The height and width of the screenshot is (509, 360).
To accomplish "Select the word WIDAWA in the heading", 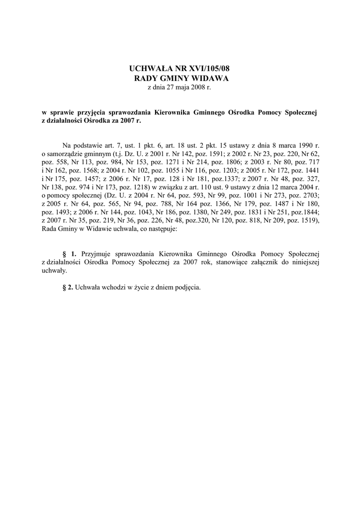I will click(x=208, y=78).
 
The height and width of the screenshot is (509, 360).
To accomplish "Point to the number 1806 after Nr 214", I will click(x=229, y=162).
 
